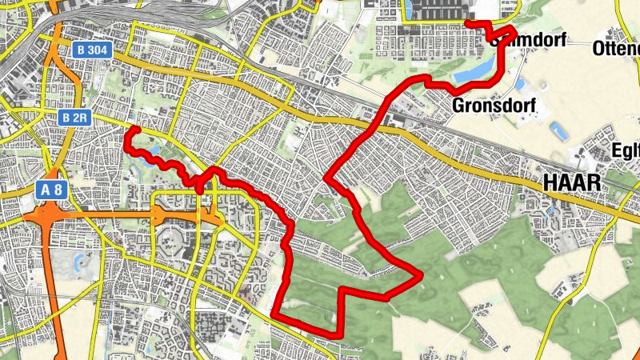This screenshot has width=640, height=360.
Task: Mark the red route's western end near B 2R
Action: coord(135,129)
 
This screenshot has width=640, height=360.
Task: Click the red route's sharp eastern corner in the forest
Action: coord(418,276)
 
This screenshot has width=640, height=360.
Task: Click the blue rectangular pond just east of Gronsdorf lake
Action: coord(521,84)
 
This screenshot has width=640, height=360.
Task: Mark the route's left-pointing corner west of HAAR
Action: coord(326,178)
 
